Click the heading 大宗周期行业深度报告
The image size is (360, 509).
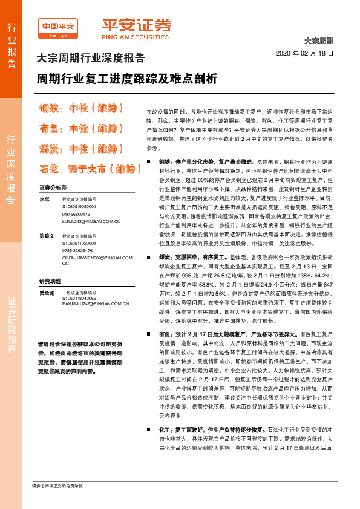(x=91, y=59)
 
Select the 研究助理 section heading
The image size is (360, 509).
(x=51, y=281)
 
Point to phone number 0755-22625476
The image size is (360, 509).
(x=77, y=250)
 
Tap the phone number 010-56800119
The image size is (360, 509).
(x=76, y=214)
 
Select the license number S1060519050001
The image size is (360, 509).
(x=79, y=206)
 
